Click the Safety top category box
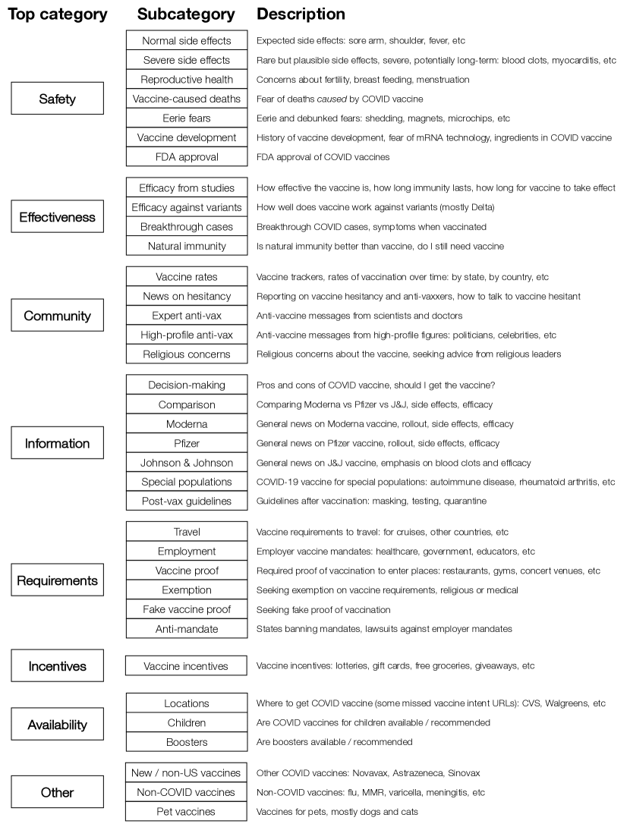57,99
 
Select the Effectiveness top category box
57,217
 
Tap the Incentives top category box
57,666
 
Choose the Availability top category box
57,723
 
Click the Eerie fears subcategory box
186,118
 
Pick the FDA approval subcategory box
186,157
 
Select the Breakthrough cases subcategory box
186,227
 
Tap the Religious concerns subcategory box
186,354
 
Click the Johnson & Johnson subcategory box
186,463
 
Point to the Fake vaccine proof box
186,609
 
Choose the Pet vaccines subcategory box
186,812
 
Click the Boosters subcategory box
186,742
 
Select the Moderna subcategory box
186,423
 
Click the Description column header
301,14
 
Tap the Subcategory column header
186,14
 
